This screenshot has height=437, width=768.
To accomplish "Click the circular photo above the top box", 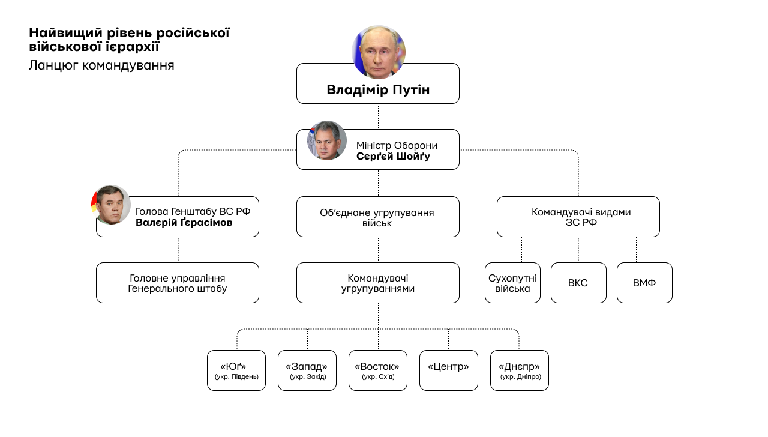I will tap(379, 52).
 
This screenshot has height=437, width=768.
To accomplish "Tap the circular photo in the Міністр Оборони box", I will tap(327, 140).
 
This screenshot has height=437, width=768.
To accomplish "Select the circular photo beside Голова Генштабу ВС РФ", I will tap(112, 205).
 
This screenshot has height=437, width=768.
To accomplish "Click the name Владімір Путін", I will tap(378, 90).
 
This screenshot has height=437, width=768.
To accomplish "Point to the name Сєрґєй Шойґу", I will tap(393, 157).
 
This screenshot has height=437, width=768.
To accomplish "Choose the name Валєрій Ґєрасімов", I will tap(184, 223).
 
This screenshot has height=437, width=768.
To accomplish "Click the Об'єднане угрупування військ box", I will tap(378, 217).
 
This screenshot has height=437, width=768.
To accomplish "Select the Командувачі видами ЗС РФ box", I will tap(578, 217).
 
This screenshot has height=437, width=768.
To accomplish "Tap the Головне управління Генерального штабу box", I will tap(178, 283).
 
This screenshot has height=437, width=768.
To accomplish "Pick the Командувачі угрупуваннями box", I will tap(378, 283).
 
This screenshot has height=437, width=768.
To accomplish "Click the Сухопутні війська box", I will tap(513, 283).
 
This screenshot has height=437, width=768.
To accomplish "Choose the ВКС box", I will tap(578, 283).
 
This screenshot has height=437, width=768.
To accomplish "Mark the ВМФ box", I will tap(644, 283).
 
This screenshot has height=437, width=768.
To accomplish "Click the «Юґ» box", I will tap(236, 370).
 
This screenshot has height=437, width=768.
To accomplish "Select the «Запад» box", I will tap(307, 370).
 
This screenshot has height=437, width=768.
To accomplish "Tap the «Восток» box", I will tap(378, 370).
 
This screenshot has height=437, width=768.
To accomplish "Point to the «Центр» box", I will tap(449, 370).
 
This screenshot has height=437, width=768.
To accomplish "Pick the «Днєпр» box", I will tap(520, 370).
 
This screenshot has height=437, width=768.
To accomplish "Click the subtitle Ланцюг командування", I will tap(101, 65).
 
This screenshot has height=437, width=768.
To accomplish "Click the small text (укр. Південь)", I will tap(236, 377).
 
